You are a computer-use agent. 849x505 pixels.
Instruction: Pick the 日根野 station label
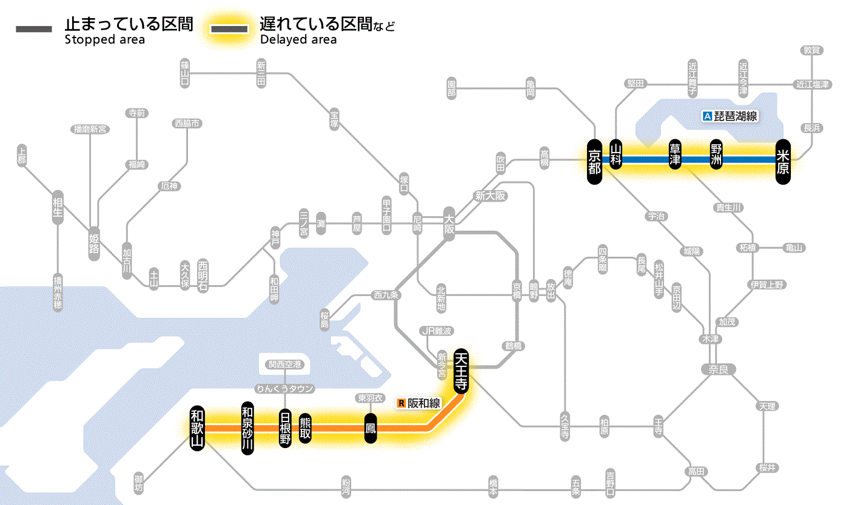coord(285,427)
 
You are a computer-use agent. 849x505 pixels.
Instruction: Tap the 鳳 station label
coord(370,428)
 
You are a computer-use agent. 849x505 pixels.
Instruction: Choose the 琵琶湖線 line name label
coord(730,116)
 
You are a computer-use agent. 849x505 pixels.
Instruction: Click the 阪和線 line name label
coord(420,403)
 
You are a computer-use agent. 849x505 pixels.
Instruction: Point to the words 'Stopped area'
coord(104,40)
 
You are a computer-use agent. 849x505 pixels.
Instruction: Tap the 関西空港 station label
coord(285,365)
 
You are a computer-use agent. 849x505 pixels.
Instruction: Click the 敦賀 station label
coord(812,50)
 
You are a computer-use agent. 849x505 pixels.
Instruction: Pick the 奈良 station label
coord(718,369)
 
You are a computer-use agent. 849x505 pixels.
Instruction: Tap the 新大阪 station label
coord(490,196)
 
